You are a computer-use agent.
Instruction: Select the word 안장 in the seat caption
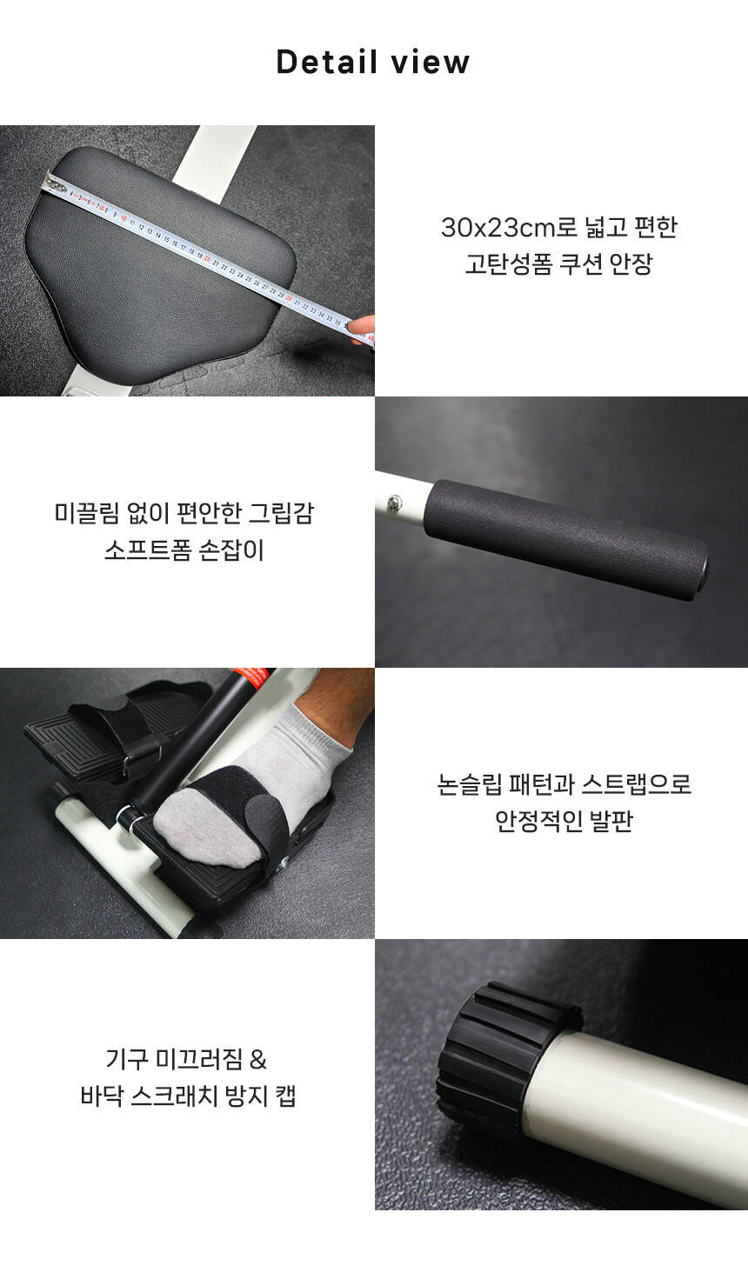631,264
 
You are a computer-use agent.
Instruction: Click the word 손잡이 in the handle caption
231,550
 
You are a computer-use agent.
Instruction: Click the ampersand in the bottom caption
258,1060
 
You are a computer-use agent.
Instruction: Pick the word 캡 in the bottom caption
285,1097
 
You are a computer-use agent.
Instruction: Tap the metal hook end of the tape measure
52,183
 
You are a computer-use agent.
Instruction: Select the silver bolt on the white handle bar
394,503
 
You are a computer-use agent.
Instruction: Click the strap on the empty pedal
120,736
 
